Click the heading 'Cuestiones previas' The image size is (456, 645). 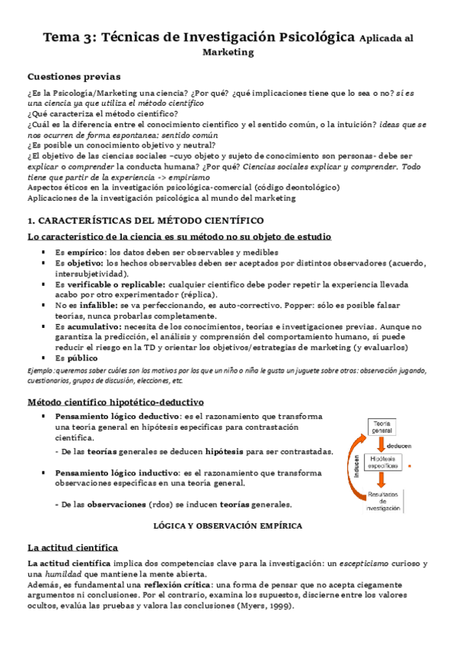73,76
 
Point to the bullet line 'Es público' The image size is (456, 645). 76,357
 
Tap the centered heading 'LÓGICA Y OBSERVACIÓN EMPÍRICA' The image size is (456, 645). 228,526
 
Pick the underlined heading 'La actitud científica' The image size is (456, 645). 72,547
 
